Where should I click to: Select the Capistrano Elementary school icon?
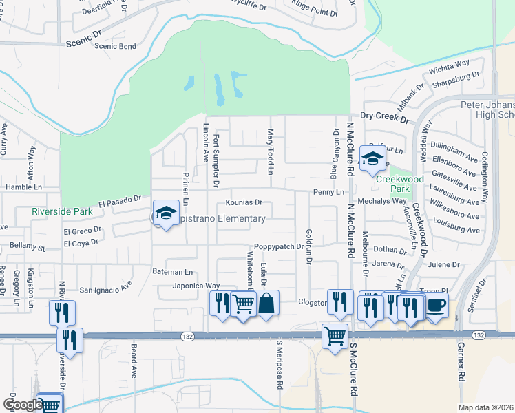(165, 213)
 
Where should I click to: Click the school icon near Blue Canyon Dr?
(372, 159)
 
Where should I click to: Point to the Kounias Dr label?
(244, 203)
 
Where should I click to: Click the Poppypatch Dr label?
(278, 246)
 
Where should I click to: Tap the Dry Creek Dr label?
(384, 118)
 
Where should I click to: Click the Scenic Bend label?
(115, 46)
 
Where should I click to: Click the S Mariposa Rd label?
(280, 375)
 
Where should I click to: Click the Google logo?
(22, 405)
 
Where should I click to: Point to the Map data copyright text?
(485, 407)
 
